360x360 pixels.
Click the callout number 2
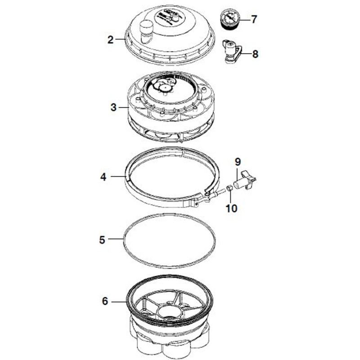pyautogui.click(x=110, y=40)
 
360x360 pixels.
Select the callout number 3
pyautogui.click(x=114, y=107)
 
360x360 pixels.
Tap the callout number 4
pyautogui.click(x=103, y=177)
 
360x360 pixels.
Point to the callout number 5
pyautogui.click(x=102, y=240)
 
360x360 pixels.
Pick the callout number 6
pyautogui.click(x=105, y=301)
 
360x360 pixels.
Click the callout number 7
pyautogui.click(x=253, y=19)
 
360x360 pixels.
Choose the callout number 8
pyautogui.click(x=255, y=54)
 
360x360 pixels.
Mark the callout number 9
pyautogui.click(x=238, y=162)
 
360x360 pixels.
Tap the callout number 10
pyautogui.click(x=231, y=208)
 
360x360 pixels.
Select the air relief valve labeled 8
pyautogui.click(x=232, y=52)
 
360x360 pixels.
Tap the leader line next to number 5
pyautogui.click(x=116, y=239)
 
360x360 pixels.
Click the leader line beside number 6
pyautogui.click(x=119, y=301)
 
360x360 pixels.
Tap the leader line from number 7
pyautogui.click(x=244, y=20)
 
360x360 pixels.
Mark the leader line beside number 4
pyautogui.click(x=118, y=176)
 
